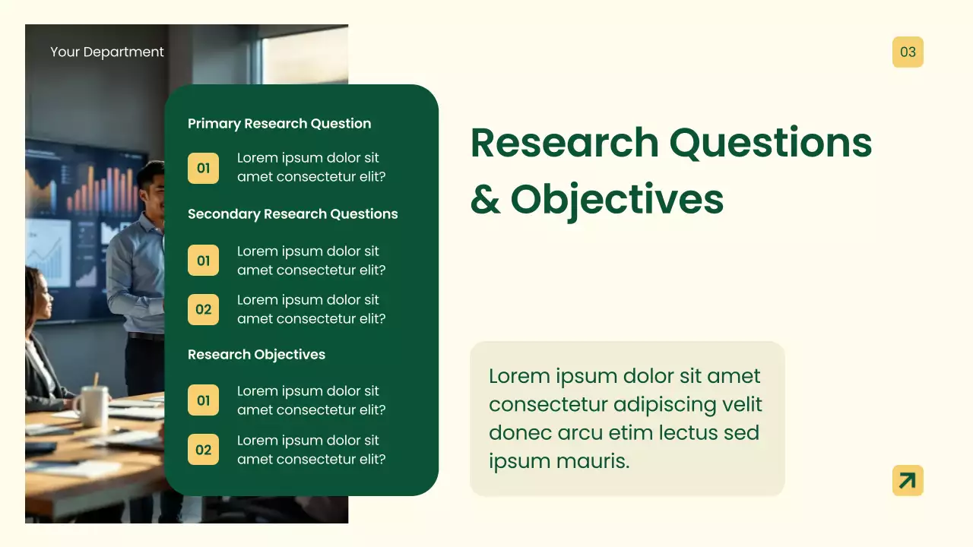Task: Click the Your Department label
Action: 106,52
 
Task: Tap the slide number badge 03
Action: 908,52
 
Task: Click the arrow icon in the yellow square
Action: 908,480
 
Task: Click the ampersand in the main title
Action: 485,199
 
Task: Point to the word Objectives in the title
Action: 616,199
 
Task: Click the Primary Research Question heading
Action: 279,123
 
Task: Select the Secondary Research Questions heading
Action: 293,213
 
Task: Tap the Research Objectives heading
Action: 256,354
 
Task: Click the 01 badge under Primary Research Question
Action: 203,168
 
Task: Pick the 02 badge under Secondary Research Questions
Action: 203,309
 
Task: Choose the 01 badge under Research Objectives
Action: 203,400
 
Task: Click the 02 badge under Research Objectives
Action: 203,449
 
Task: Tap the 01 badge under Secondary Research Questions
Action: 203,261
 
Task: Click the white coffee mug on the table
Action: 90,406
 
